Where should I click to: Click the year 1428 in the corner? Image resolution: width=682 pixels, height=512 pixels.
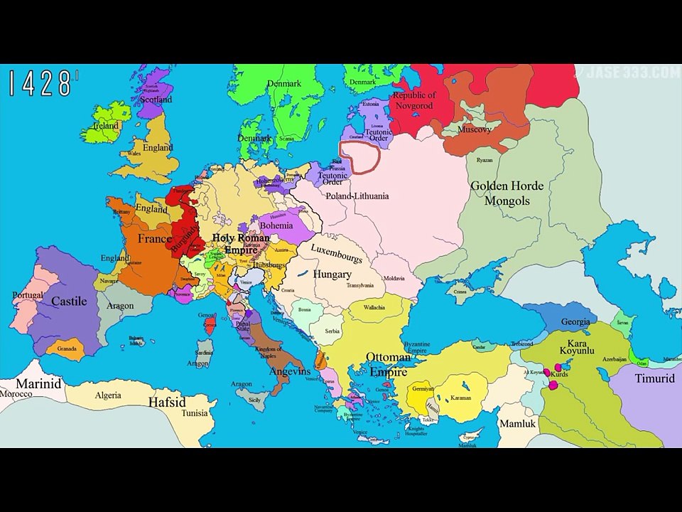pyautogui.click(x=41, y=84)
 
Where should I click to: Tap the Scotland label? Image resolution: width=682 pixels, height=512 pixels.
pyautogui.click(x=156, y=100)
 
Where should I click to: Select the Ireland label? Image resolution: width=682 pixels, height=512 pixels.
pyautogui.click(x=106, y=126)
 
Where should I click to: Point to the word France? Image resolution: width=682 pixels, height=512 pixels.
pyautogui.click(x=154, y=239)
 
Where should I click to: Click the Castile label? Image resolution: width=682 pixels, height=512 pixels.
pyautogui.click(x=69, y=301)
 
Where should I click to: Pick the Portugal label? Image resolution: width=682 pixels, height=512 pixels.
pyautogui.click(x=28, y=295)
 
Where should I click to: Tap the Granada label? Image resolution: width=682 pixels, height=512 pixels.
pyautogui.click(x=67, y=348)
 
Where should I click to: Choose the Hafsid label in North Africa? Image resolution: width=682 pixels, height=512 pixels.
pyautogui.click(x=167, y=402)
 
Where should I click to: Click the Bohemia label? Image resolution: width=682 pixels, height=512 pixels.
pyautogui.click(x=276, y=225)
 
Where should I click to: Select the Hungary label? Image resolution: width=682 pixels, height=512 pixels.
pyautogui.click(x=332, y=274)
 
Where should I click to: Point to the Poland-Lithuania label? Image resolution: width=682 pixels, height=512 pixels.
pyautogui.click(x=357, y=196)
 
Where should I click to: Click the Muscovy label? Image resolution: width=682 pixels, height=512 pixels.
pyautogui.click(x=475, y=130)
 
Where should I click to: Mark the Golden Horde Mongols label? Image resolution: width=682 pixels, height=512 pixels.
pyautogui.click(x=507, y=193)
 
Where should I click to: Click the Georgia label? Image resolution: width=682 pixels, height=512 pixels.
pyautogui.click(x=575, y=321)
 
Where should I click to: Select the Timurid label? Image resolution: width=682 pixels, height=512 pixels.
pyautogui.click(x=654, y=378)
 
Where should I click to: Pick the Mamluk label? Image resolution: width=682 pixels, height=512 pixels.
pyautogui.click(x=517, y=423)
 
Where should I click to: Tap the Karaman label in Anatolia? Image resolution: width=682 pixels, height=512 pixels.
pyautogui.click(x=460, y=398)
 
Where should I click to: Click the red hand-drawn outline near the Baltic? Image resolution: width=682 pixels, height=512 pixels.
pyautogui.click(x=359, y=157)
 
